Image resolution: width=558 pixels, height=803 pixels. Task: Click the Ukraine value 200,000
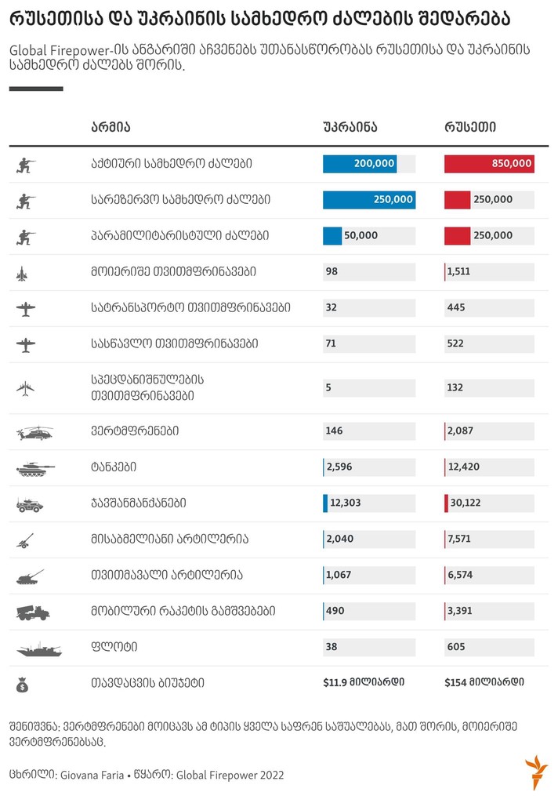[375, 164]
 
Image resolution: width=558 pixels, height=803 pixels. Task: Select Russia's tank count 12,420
[463, 467]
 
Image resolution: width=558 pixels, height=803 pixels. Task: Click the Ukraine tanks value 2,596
[339, 467]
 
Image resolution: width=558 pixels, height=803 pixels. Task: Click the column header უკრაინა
[350, 127]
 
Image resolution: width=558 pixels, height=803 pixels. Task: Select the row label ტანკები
[114, 467]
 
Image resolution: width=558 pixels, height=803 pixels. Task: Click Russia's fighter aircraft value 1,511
[460, 272]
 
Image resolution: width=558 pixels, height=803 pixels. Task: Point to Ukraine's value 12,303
[345, 503]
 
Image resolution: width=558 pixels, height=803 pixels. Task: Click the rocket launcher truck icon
[32, 612]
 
